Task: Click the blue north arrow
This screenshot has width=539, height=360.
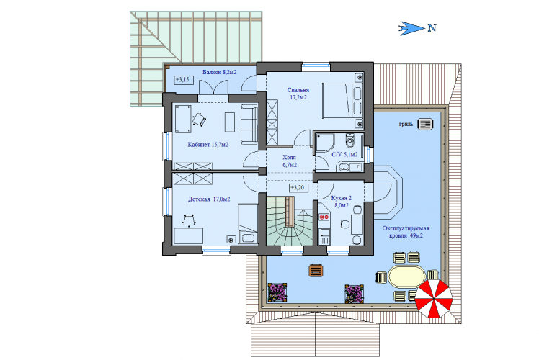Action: tap(411, 28)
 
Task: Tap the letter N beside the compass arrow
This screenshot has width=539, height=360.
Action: tap(432, 28)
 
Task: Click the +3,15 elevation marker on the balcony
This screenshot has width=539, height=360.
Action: tap(184, 80)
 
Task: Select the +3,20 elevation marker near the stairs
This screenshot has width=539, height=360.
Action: tap(298, 188)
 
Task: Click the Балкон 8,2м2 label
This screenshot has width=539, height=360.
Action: tap(220, 72)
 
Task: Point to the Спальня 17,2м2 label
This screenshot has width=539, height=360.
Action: tap(298, 94)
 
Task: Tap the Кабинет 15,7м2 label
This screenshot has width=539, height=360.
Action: tap(208, 145)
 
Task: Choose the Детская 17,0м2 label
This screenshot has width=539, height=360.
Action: tap(209, 199)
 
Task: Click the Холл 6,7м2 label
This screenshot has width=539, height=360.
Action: tap(290, 161)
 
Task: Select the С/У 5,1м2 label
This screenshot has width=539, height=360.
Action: tap(344, 155)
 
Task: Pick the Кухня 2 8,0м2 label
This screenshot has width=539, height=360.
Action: tap(342, 202)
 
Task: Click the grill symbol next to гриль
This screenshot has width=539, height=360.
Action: tap(425, 124)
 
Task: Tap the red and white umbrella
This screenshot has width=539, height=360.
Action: tap(434, 299)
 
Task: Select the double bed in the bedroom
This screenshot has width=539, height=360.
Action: tap(343, 101)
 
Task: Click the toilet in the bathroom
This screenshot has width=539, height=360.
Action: tap(350, 140)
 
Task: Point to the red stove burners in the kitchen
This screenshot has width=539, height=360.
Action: tap(323, 217)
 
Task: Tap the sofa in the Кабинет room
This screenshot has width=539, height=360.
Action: tap(249, 125)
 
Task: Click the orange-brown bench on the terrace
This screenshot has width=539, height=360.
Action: tap(316, 270)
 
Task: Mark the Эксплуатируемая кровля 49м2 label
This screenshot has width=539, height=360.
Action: tap(406, 232)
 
